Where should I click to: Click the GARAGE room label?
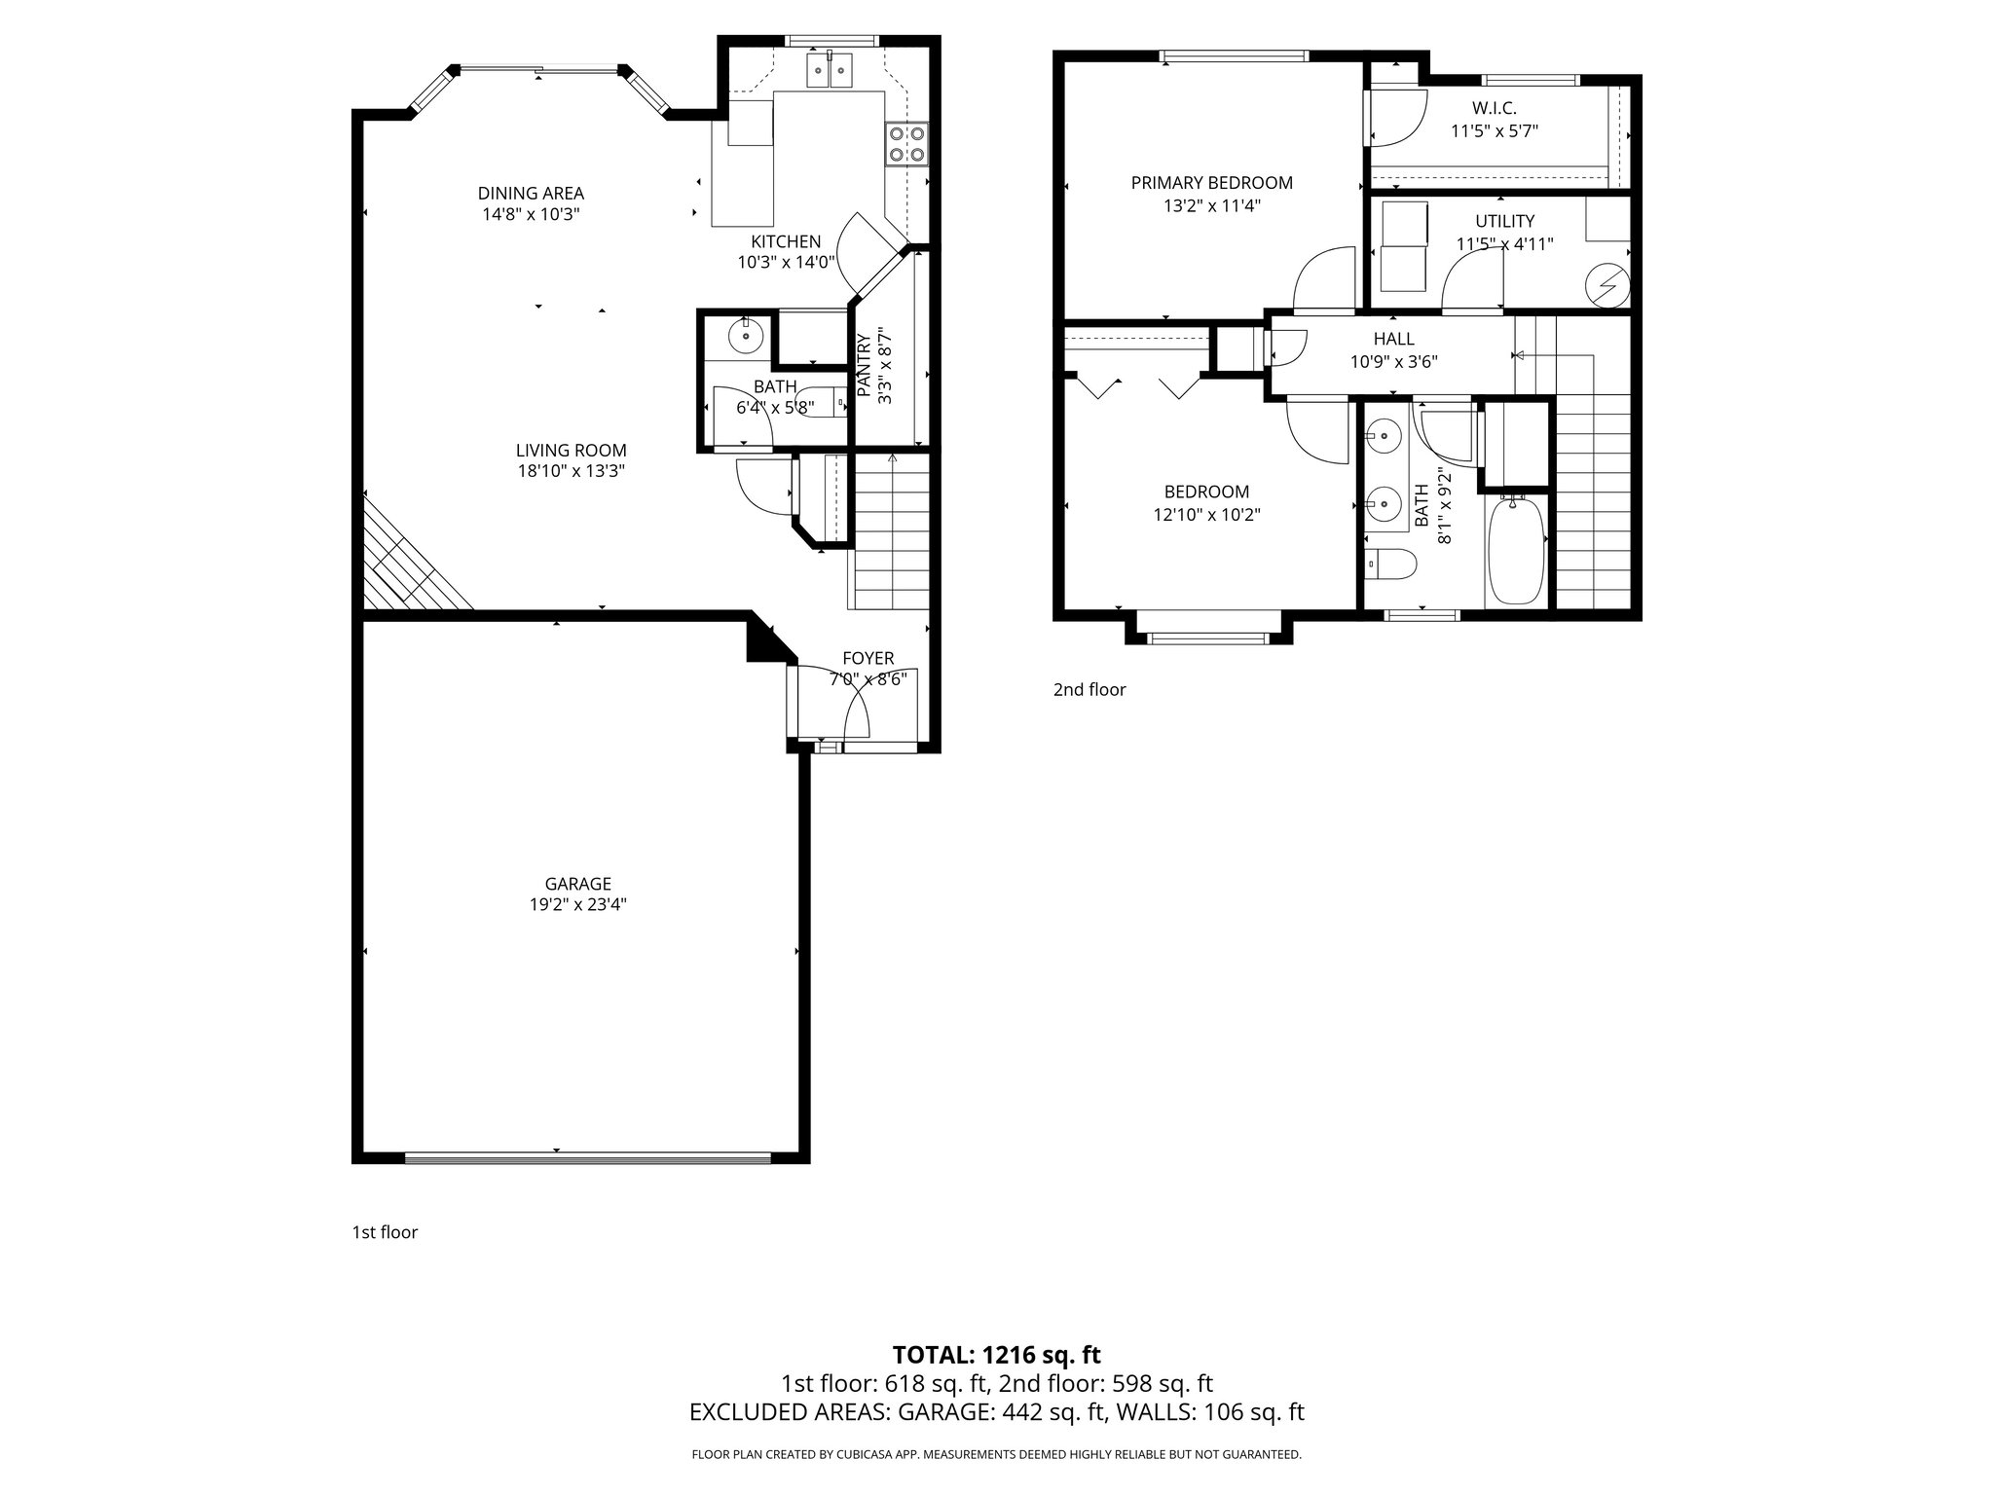[577, 884]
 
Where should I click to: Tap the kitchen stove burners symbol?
[905, 144]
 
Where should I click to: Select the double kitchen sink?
[830, 70]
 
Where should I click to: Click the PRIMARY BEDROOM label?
[1211, 183]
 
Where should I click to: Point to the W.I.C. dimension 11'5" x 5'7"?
[1494, 130]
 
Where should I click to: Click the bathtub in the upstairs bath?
[1516, 550]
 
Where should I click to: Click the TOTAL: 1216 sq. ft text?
[996, 1355]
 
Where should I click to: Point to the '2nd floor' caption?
[1089, 690]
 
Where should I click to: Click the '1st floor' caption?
[385, 1232]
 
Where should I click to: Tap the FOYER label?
[868, 659]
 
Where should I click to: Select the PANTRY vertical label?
[864, 365]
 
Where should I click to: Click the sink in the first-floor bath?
[745, 337]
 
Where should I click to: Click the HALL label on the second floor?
[1393, 339]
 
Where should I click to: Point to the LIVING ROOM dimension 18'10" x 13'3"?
[571, 471]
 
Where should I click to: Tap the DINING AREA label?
[531, 194]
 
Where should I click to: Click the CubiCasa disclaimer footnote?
[996, 1455]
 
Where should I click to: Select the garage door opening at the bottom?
[587, 1157]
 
